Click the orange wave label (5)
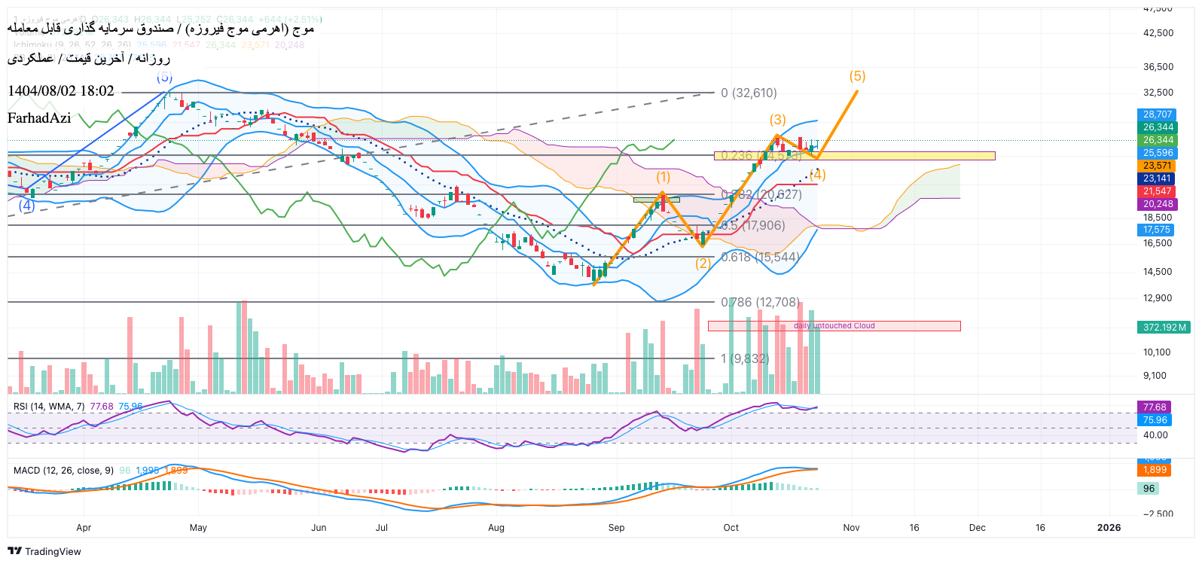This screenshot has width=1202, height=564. pyautogui.click(x=857, y=76)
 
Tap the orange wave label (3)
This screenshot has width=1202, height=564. pyautogui.click(x=777, y=120)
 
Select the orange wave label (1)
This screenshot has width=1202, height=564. pyautogui.click(x=663, y=177)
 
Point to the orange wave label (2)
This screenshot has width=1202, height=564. pyautogui.click(x=703, y=264)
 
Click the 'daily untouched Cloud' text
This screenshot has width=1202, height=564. pyautogui.click(x=834, y=326)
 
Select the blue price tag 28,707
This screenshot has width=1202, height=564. pyautogui.click(x=1157, y=114)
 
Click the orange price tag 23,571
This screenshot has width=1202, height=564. pyautogui.click(x=1157, y=166)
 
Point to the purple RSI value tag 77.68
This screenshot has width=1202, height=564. pyautogui.click(x=1154, y=407)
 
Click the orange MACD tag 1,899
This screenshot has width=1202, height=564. pyautogui.click(x=1154, y=470)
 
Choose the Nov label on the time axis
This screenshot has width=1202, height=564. pyautogui.click(x=851, y=528)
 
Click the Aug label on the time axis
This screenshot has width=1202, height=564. pyautogui.click(x=496, y=528)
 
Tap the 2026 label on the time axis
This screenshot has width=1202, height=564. pyautogui.click(x=1109, y=528)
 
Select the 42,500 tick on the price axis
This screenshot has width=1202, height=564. pyautogui.click(x=1158, y=33)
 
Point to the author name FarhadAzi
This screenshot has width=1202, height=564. pyautogui.click(x=39, y=117)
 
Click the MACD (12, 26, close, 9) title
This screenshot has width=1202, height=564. pyautogui.click(x=63, y=471)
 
